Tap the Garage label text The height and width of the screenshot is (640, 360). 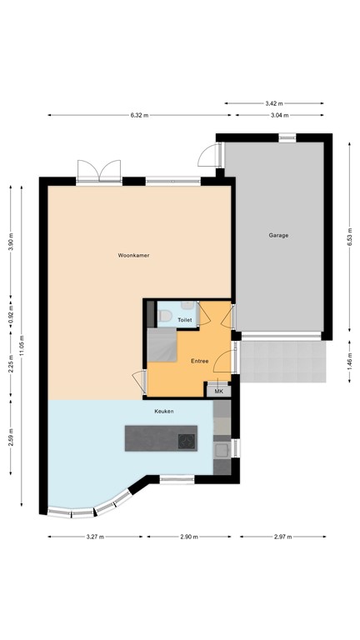278,235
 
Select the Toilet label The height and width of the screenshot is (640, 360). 185,320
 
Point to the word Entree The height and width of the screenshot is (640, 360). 199,361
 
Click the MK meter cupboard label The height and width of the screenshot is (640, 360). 219,391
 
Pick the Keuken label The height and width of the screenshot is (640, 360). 163,411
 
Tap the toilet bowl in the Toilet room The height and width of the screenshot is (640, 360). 165,317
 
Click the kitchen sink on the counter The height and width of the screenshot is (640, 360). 222,450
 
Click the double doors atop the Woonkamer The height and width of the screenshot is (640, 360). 99,171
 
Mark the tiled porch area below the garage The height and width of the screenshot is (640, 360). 280,359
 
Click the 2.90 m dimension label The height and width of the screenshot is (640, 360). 189,537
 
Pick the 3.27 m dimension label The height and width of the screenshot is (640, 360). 94,537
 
